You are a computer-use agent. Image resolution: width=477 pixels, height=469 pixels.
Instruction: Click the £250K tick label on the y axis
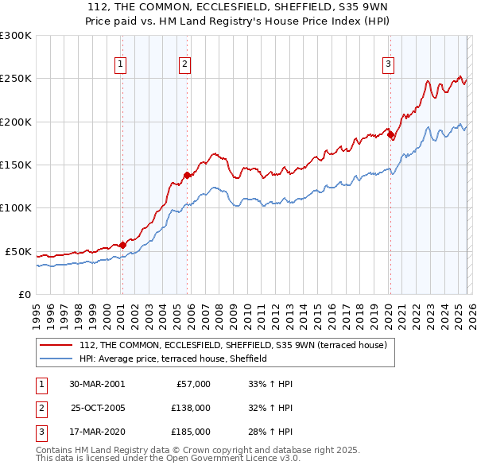(x=16, y=79)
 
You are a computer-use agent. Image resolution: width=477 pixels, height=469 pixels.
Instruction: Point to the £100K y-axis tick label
(x=16, y=208)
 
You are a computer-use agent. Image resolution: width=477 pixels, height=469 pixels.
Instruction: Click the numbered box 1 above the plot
(x=121, y=65)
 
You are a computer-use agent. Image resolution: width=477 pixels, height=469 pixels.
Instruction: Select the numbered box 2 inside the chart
(x=185, y=65)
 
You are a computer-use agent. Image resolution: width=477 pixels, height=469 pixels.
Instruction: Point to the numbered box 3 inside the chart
(x=389, y=65)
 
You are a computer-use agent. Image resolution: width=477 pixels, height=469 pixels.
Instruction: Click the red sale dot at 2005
(x=187, y=175)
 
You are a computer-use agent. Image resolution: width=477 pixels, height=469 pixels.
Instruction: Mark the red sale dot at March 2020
(x=390, y=135)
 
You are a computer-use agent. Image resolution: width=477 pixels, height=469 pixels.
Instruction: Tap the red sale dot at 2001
(x=122, y=245)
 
